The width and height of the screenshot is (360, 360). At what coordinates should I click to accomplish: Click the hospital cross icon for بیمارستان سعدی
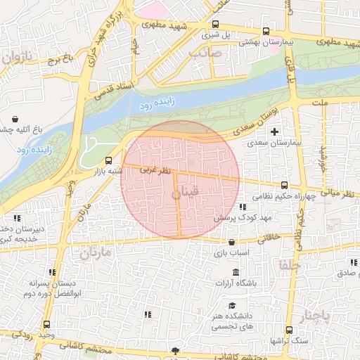tap(274, 131)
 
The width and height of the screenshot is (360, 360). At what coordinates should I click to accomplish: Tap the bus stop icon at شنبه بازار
tap(108, 160)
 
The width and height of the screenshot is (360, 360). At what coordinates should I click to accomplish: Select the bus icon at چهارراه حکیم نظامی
tap(284, 185)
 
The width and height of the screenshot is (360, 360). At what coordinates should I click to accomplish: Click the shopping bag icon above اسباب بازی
tap(231, 242)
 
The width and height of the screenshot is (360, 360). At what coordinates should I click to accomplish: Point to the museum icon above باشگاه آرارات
tap(235, 272)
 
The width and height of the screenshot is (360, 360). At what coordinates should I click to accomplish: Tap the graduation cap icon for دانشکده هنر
tap(232, 306)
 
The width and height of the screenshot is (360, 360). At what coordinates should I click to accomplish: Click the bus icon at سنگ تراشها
tap(289, 330)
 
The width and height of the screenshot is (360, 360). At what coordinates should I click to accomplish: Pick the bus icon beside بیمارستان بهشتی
tap(265, 31)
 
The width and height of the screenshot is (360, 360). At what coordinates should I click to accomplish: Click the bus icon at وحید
tap(46, 324)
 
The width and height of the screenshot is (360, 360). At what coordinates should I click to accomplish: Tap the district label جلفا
tap(289, 266)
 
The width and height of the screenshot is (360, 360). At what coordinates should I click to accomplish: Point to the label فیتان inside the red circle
tap(190, 191)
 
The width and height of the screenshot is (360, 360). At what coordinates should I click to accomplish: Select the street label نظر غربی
tap(155, 169)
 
